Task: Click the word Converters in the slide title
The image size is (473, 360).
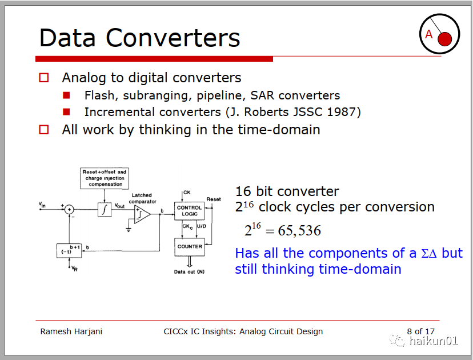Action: tap(173, 38)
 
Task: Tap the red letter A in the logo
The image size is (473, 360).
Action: tap(428, 34)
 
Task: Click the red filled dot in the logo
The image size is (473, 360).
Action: tap(444, 39)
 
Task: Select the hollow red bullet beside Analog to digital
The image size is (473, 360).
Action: tap(44, 78)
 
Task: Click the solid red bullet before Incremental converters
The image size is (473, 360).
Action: tap(66, 112)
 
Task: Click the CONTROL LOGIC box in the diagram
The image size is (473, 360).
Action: tap(190, 211)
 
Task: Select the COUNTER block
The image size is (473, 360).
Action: tap(190, 247)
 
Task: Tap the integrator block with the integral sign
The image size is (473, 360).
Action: tap(105, 209)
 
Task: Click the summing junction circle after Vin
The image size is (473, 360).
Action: tap(69, 209)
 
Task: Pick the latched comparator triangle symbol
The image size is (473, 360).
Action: tap(142, 214)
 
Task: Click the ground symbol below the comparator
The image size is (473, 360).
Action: tap(129, 230)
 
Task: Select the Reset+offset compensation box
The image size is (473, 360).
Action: tap(105, 178)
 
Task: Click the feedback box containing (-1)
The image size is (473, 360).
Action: tap(69, 251)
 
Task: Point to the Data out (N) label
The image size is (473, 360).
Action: tap(189, 272)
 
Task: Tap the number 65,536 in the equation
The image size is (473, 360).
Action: tap(299, 231)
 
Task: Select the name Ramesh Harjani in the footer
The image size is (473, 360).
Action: tap(71, 331)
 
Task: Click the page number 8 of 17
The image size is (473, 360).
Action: tap(420, 331)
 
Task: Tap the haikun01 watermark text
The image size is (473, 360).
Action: tap(434, 341)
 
